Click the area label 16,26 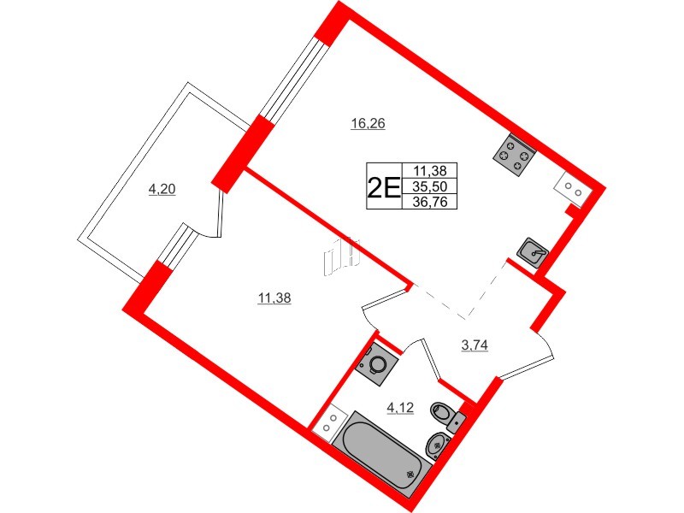(369, 123)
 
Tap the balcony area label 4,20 (162, 190)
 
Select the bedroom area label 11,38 (274, 298)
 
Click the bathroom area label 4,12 (400, 408)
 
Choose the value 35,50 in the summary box (434, 186)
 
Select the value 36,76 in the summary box (434, 201)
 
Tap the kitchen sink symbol (534, 252)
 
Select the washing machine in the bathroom (378, 365)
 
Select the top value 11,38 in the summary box (434, 170)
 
